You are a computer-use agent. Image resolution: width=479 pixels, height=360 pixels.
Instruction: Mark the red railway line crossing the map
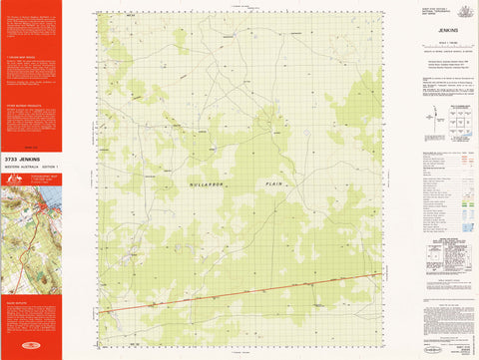[x=239, y=293]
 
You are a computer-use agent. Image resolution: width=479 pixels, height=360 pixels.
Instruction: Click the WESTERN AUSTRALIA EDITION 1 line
[x=31, y=166]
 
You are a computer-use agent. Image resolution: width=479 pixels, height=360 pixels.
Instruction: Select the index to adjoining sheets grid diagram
[x=460, y=124]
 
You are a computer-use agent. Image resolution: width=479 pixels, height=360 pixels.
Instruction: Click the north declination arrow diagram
[x=430, y=121]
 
